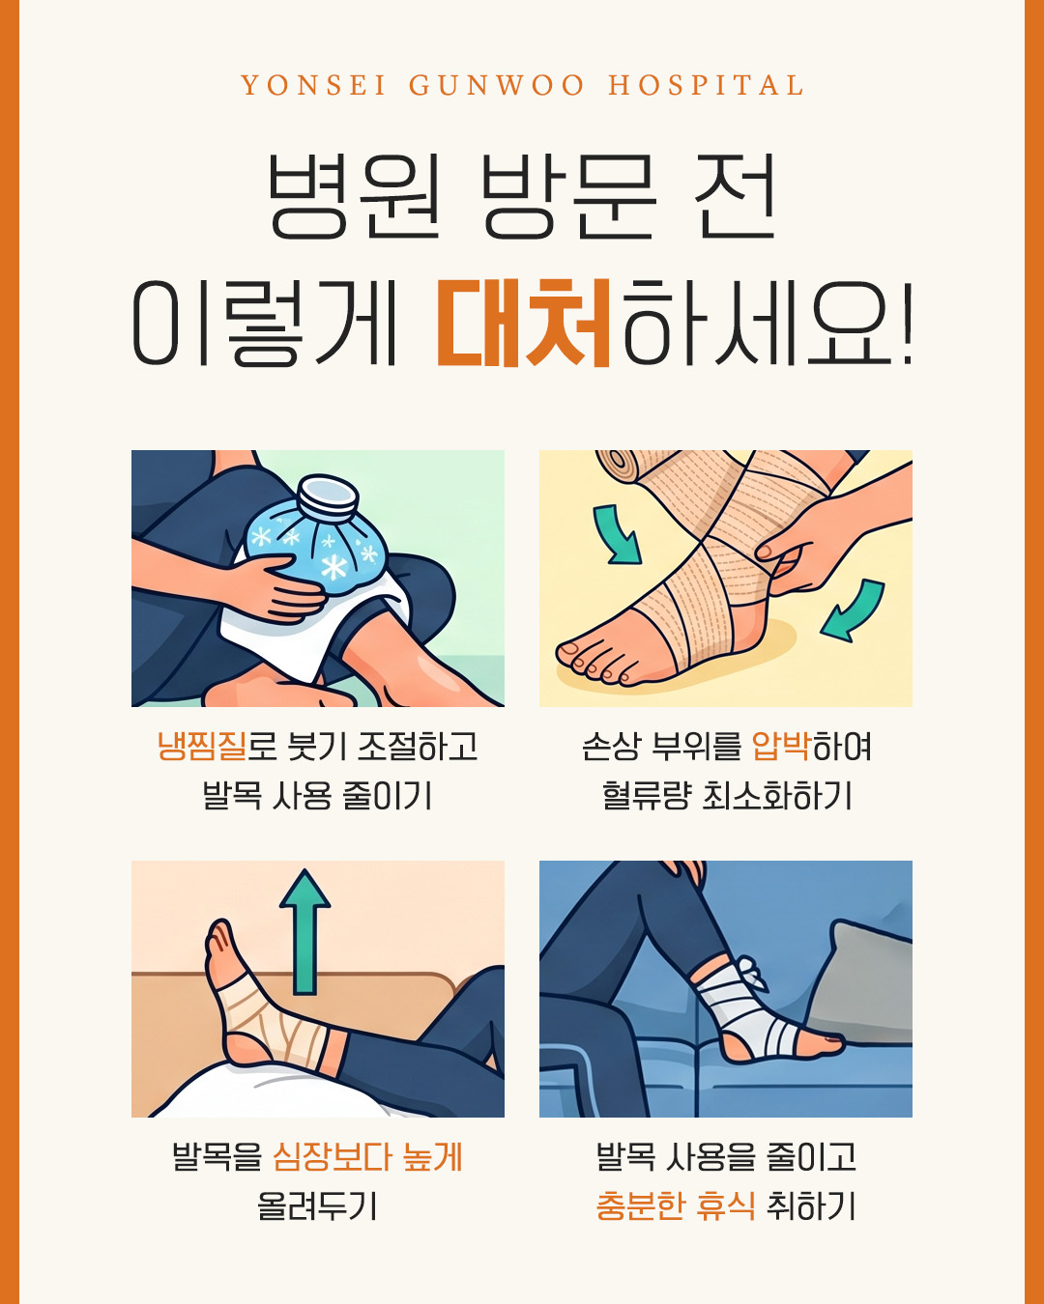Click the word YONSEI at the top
tap(313, 85)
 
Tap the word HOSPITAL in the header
tap(706, 85)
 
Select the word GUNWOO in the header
tap(497, 85)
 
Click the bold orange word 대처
tap(524, 323)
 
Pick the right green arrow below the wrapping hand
tap(855, 609)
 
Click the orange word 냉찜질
tap(202, 746)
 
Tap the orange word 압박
tap(781, 746)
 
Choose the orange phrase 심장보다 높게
tap(368, 1156)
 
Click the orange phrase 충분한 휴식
tap(676, 1205)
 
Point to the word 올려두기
tap(317, 1205)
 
